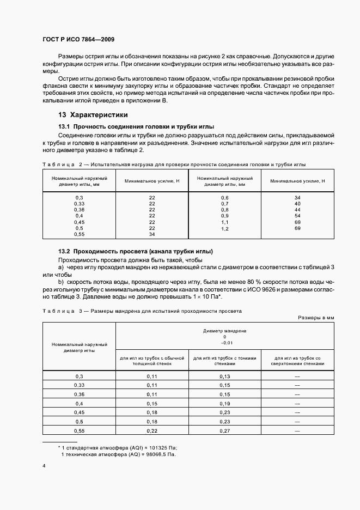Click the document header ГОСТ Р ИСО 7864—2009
click(78, 39)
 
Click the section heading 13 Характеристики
click(93, 115)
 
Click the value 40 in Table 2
click(297, 203)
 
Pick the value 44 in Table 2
click(297, 209)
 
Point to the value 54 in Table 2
click(297, 216)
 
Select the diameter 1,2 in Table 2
click(224, 228)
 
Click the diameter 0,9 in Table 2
click(224, 216)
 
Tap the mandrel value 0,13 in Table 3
click(225, 377)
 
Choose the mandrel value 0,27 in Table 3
click(225, 431)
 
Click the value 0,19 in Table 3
click(225, 404)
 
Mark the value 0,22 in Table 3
click(152, 431)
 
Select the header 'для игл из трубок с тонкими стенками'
click(225, 360)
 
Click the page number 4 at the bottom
click(44, 466)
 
